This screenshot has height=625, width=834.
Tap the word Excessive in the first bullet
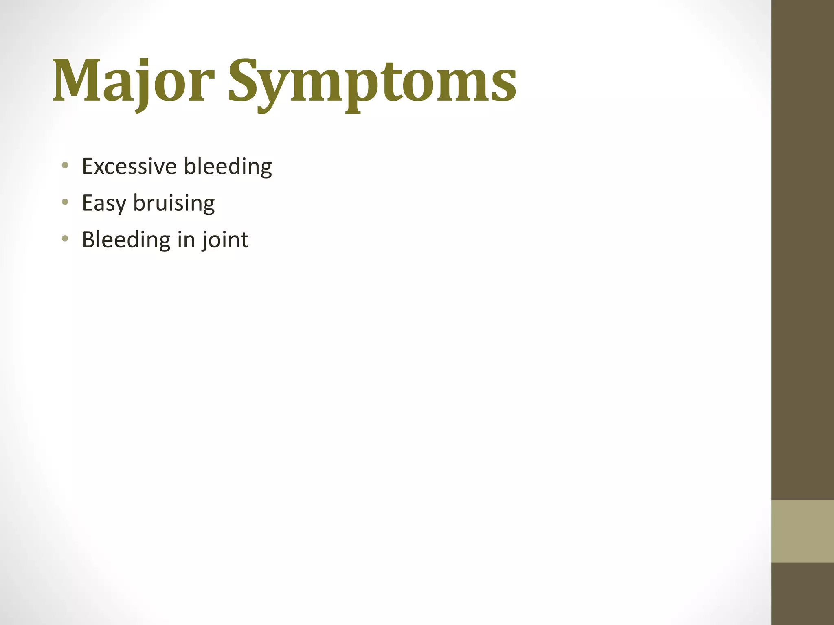[x=129, y=166]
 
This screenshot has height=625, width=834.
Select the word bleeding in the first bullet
[x=228, y=166]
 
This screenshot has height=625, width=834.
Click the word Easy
[x=103, y=203]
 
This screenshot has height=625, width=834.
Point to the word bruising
[x=174, y=203]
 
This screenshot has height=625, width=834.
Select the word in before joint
[x=186, y=239]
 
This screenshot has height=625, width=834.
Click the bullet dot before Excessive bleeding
[x=65, y=165]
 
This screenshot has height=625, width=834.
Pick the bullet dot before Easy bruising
[x=65, y=202]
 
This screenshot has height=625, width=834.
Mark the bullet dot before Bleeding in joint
[x=65, y=238]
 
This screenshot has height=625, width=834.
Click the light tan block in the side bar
[x=802, y=531]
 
